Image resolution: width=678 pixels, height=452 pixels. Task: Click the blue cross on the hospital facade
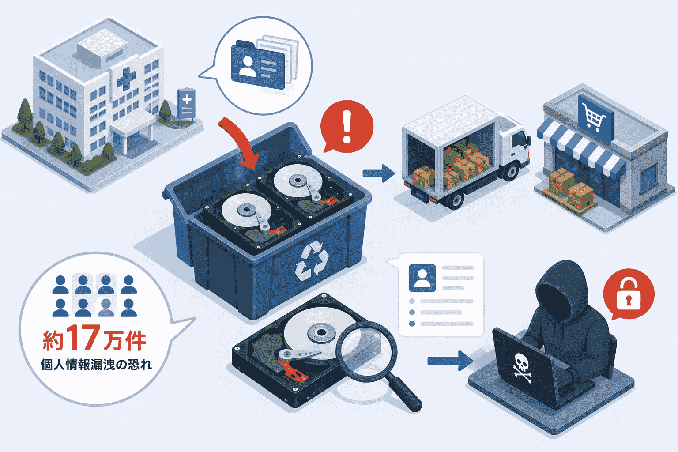pos(126,79)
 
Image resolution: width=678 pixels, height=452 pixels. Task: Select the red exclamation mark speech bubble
pos(347,126)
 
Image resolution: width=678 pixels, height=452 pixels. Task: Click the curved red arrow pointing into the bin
pos(240,142)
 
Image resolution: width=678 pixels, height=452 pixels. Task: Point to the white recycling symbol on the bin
pos(312,260)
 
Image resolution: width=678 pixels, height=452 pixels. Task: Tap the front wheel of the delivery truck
pos(511,171)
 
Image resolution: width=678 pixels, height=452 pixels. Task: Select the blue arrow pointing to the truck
pos(379,173)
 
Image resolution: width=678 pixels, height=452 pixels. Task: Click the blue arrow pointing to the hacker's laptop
pos(450,361)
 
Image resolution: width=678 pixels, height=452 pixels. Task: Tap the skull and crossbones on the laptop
pos(522,368)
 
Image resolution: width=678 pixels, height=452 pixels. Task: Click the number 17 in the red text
pos(83,338)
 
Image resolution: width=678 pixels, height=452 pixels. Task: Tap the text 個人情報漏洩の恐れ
pos(96,365)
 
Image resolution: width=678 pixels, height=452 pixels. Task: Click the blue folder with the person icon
pos(258,65)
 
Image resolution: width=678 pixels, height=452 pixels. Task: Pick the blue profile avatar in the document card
pos(422,278)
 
